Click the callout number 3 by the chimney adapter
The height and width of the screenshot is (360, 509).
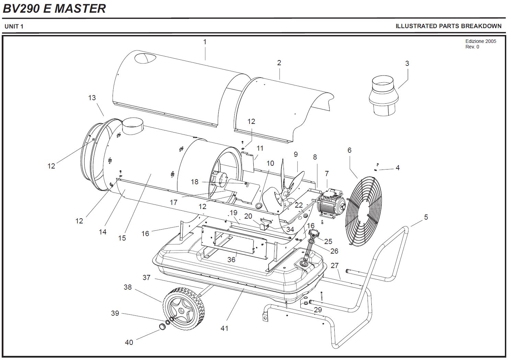(x=407, y=63)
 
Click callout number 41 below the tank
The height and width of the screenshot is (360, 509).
(x=224, y=328)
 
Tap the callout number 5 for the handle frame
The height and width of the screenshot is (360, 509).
(x=426, y=217)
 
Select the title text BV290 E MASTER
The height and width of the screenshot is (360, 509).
(x=54, y=8)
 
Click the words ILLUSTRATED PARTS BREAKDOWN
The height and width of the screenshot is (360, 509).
(x=448, y=26)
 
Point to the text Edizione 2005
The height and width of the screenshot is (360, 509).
(x=481, y=41)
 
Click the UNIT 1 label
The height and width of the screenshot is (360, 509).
(x=14, y=26)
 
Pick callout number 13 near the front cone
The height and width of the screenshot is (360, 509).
(x=92, y=98)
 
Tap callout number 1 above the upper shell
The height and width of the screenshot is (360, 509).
(x=205, y=42)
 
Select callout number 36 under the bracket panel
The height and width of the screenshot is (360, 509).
(x=231, y=259)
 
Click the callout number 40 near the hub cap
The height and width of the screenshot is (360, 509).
(x=129, y=342)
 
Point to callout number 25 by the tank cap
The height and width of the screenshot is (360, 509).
(x=328, y=242)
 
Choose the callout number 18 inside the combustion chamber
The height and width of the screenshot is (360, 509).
(x=195, y=182)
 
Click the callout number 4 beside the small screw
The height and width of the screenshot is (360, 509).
(x=397, y=168)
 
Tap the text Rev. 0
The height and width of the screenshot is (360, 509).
(x=472, y=47)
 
